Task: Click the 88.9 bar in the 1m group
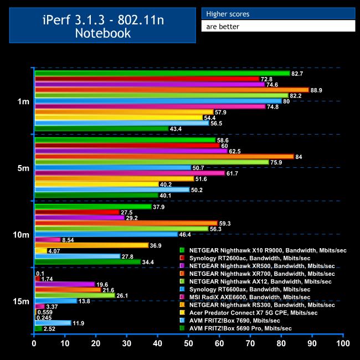pos(172,90)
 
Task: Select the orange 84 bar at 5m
pos(164,157)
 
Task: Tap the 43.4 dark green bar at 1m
pos(101,128)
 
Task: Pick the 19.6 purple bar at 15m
pos(65,284)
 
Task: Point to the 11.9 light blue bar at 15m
pos(53,323)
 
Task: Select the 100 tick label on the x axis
pos(343,344)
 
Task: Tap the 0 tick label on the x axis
pos(34,344)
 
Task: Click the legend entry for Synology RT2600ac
pos(249,258)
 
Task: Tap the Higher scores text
pos(228,14)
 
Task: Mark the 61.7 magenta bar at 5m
pos(130,173)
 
